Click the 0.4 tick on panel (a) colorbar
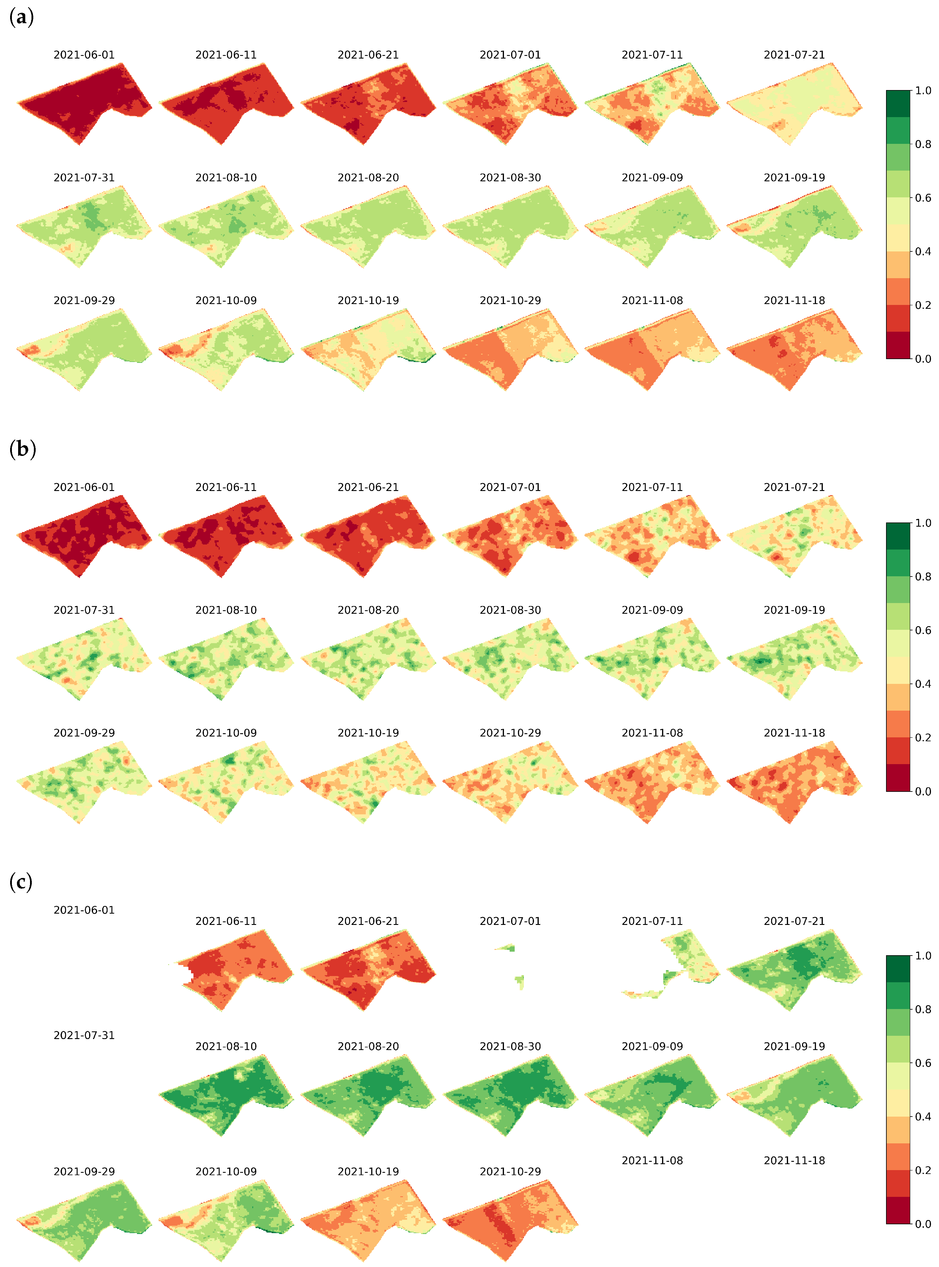[x=923, y=251]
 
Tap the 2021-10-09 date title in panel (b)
[x=226, y=733]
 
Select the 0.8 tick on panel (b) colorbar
[x=923, y=576]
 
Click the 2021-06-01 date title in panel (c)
[x=84, y=910]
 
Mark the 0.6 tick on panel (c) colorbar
[x=923, y=1063]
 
